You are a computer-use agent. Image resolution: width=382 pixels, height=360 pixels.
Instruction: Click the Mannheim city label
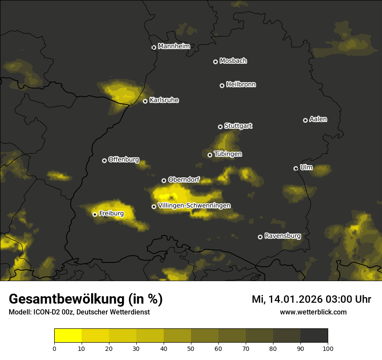tap(174, 46)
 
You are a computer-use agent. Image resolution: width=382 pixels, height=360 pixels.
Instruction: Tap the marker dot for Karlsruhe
tap(145, 101)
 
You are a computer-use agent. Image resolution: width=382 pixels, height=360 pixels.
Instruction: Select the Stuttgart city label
tap(238, 126)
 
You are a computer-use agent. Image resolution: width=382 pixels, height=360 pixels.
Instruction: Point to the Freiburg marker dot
tap(95, 214)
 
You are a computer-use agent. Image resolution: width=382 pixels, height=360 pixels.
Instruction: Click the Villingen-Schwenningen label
tap(194, 206)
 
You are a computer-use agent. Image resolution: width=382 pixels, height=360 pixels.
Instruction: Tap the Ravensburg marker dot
tap(260, 237)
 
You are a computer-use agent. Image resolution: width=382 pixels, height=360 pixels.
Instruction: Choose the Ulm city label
tap(306, 167)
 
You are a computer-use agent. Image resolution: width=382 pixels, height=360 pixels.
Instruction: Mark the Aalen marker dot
tap(305, 120)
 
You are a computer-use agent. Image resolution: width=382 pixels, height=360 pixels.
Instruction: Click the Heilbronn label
tap(241, 85)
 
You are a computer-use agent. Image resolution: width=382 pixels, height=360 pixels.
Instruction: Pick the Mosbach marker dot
tap(215, 62)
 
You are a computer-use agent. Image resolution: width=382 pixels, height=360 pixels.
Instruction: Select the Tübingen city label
tap(228, 154)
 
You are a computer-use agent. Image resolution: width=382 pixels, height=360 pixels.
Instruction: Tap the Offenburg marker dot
tap(104, 160)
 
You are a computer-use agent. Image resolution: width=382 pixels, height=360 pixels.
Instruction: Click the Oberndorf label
tap(184, 180)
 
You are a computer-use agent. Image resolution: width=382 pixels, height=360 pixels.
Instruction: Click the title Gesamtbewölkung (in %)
tap(86, 299)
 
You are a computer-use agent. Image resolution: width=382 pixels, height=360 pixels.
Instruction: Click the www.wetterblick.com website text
tap(313, 312)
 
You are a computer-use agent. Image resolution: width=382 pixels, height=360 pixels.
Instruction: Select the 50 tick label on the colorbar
tap(191, 348)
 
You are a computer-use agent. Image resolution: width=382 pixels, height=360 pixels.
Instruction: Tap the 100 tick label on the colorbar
tap(327, 348)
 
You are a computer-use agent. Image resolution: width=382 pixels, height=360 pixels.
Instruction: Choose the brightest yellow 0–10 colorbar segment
tap(68, 336)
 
